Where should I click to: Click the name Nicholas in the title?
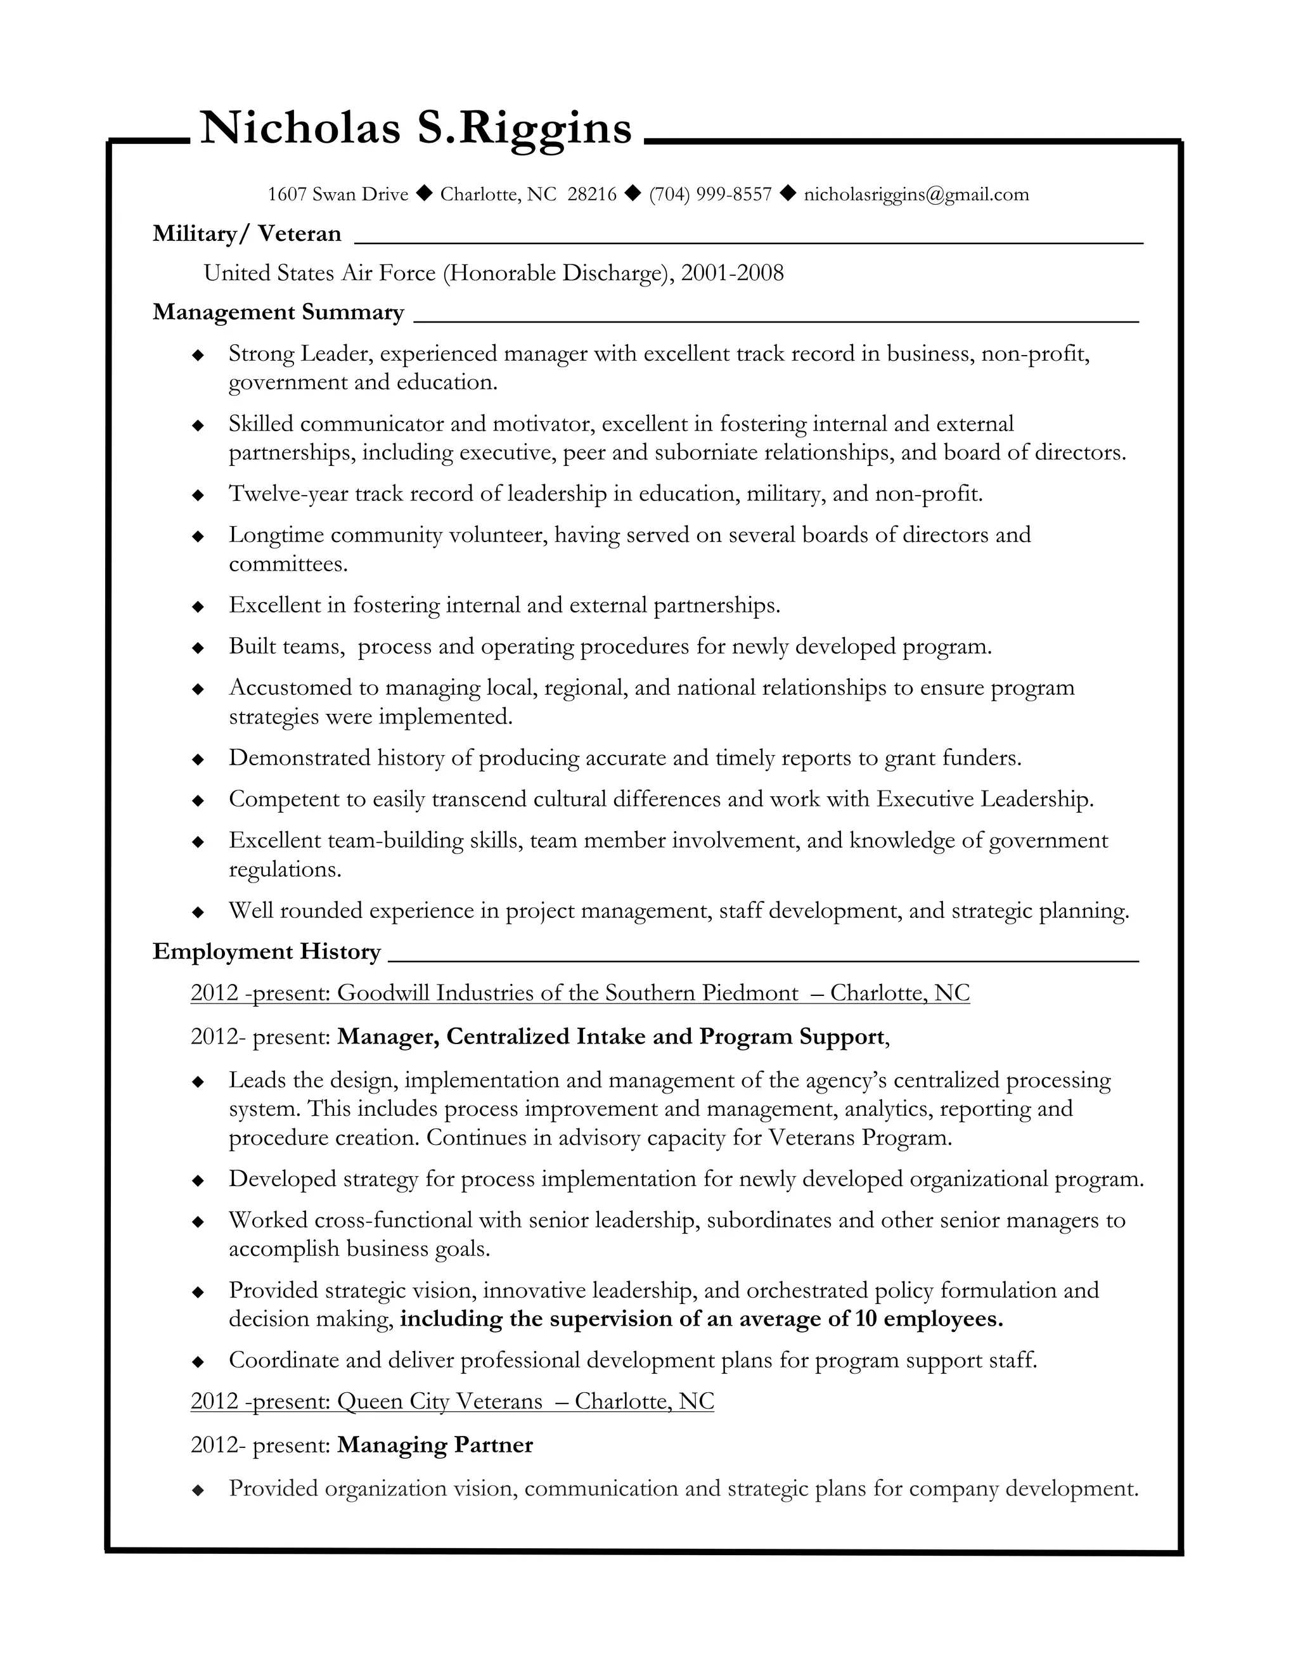[x=300, y=127]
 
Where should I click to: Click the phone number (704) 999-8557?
[x=710, y=195]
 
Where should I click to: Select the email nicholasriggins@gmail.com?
[x=916, y=195]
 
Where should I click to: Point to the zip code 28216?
[x=591, y=195]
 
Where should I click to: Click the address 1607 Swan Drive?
[x=338, y=195]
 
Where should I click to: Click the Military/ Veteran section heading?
[x=247, y=234]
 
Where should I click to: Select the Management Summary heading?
[x=278, y=313]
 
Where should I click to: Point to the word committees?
[x=288, y=565]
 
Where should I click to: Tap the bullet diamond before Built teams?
[x=198, y=648]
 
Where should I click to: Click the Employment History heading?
[x=266, y=952]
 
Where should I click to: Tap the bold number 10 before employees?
[x=865, y=1319]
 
